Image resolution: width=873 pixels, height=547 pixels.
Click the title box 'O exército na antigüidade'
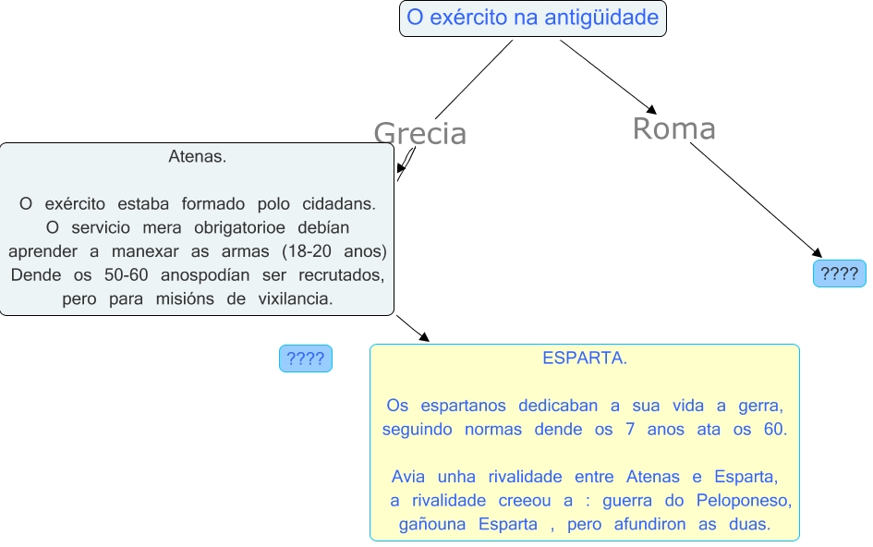[x=532, y=18]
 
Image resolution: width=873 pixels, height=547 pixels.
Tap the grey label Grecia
[x=419, y=134]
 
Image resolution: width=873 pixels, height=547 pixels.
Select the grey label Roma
[x=673, y=128]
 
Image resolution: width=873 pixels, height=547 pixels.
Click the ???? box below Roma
[x=839, y=273]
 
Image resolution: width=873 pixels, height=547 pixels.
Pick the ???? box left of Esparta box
[x=305, y=359]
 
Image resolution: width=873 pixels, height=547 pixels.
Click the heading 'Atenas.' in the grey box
[x=197, y=156]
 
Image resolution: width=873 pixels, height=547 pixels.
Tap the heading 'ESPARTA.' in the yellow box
[x=584, y=358]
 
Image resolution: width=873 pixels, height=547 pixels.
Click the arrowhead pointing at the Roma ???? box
[x=816, y=252]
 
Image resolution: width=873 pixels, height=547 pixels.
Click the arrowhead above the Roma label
[x=649, y=106]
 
